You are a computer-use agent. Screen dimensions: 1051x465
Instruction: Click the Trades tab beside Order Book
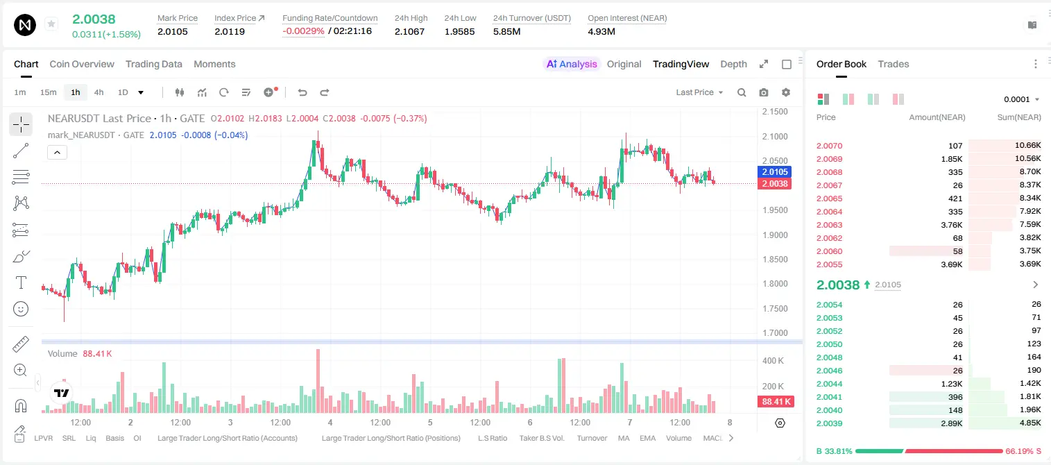pyautogui.click(x=894, y=64)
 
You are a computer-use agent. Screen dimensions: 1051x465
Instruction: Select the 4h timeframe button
pyautogui.click(x=99, y=92)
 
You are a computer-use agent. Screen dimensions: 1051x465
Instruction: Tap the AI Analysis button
pyautogui.click(x=572, y=64)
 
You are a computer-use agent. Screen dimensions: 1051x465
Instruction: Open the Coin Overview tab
pyautogui.click(x=82, y=64)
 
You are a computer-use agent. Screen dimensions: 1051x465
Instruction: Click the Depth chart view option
pyautogui.click(x=733, y=64)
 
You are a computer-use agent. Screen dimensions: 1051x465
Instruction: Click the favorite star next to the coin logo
pyautogui.click(x=51, y=24)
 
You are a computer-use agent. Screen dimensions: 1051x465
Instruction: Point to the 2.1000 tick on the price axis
pyautogui.click(x=775, y=137)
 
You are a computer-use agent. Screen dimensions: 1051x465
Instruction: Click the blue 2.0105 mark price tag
pyautogui.click(x=775, y=171)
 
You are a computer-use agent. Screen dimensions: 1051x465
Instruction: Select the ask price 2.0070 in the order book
pyautogui.click(x=829, y=146)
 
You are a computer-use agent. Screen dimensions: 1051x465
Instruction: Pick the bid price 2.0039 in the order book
pyautogui.click(x=829, y=423)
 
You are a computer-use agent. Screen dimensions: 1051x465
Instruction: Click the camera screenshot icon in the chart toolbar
pyautogui.click(x=764, y=92)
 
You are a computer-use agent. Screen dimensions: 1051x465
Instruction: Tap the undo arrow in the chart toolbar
pyautogui.click(x=302, y=92)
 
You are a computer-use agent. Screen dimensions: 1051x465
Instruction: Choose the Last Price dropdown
pyautogui.click(x=699, y=92)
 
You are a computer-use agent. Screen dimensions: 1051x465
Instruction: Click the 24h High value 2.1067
pyautogui.click(x=409, y=31)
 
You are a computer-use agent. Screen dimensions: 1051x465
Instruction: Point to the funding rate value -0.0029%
pyautogui.click(x=303, y=31)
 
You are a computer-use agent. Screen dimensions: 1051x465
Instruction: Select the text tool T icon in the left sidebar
pyautogui.click(x=21, y=282)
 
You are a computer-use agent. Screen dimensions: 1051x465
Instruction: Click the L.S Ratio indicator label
pyautogui.click(x=493, y=438)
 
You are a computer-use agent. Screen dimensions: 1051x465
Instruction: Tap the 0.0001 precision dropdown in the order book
pyautogui.click(x=1021, y=99)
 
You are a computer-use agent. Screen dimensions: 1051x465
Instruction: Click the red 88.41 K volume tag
pyautogui.click(x=776, y=402)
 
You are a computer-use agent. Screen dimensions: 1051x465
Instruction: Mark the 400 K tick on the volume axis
pyautogui.click(x=774, y=361)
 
